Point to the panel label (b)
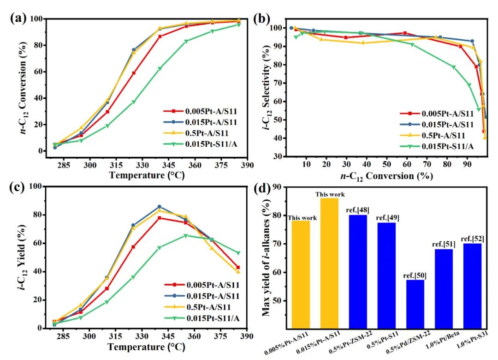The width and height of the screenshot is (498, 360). click(x=262, y=19)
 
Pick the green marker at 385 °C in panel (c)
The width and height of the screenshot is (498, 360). click(x=238, y=253)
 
